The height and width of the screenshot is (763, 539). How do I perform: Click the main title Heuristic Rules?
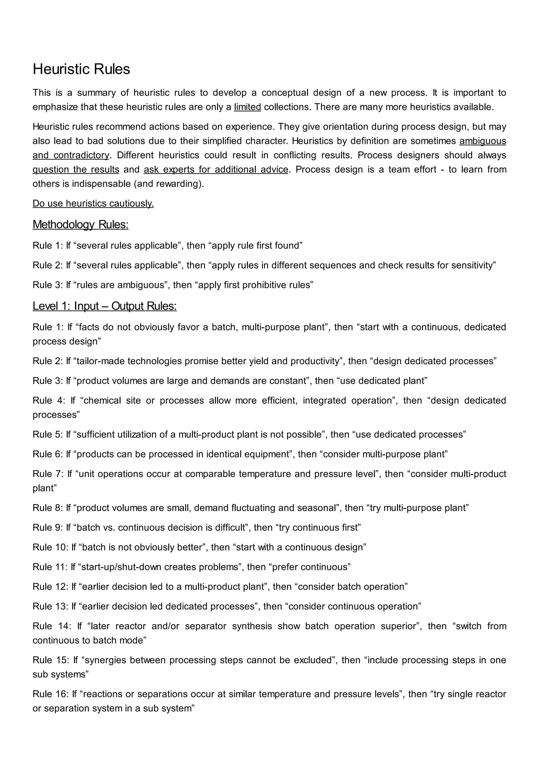tap(81, 69)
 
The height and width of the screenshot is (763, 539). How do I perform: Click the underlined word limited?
tap(247, 107)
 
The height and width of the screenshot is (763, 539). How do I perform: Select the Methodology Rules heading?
tap(80, 225)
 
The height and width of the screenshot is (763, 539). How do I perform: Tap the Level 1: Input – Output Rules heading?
tap(104, 306)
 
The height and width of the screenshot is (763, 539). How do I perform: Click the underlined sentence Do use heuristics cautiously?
tap(93, 203)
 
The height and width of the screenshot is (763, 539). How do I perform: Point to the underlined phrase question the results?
tap(76, 169)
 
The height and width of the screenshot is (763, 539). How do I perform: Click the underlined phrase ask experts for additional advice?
tap(216, 169)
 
